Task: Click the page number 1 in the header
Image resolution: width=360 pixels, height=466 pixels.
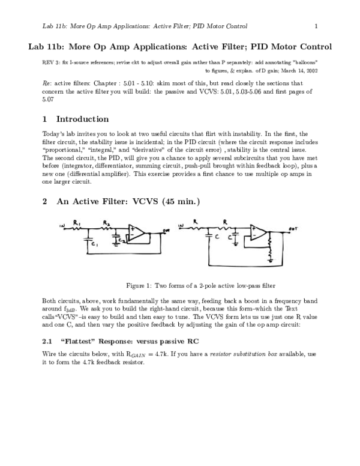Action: [x=316, y=26]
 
